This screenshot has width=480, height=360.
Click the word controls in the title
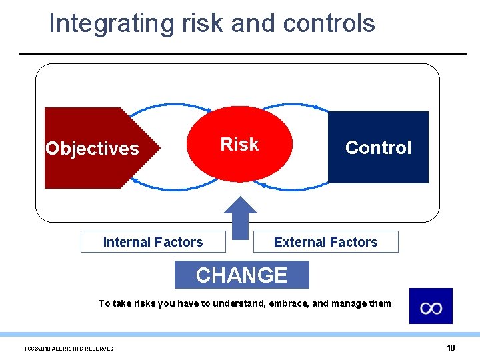(x=329, y=23)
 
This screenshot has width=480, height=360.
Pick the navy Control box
(x=378, y=147)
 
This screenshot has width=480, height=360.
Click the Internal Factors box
(x=153, y=242)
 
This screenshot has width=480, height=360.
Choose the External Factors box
(x=325, y=242)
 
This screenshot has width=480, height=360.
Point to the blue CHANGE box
(x=241, y=275)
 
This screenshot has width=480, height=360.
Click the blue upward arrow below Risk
(x=240, y=217)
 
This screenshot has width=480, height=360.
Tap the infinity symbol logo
(x=431, y=307)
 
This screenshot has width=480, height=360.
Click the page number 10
(x=451, y=347)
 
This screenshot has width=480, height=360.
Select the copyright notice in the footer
(x=69, y=349)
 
